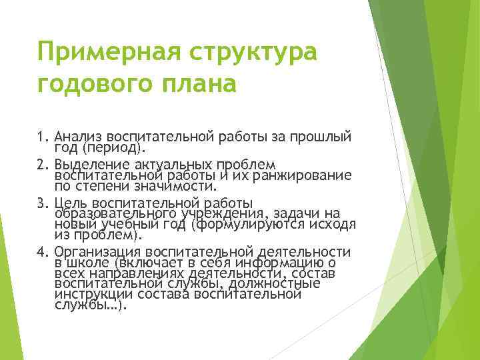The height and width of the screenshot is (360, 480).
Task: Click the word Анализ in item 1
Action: click(x=79, y=137)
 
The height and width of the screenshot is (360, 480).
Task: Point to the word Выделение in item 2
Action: click(x=90, y=165)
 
